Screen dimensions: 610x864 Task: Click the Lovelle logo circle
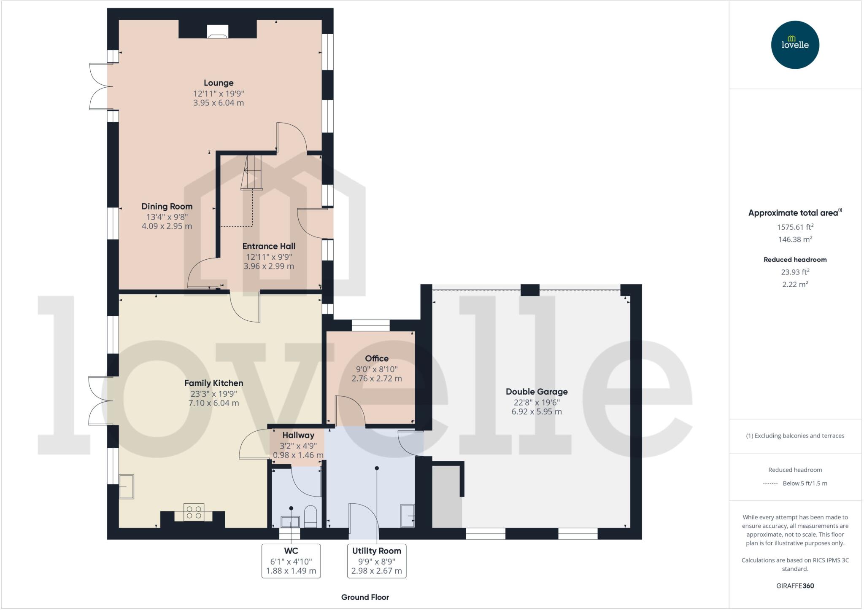point(795,45)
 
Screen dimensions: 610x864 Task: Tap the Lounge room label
point(218,83)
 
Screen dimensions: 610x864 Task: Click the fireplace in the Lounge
point(218,32)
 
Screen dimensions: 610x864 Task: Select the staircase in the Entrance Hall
point(252,173)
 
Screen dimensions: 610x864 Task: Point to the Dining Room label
point(167,207)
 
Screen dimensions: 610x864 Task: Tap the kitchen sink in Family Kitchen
point(127,487)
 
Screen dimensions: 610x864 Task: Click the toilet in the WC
point(310,516)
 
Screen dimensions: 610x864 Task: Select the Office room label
point(376,358)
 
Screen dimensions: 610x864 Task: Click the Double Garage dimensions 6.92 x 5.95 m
point(536,411)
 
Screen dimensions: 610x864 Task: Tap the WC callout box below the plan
point(291,561)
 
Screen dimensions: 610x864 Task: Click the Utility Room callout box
point(376,561)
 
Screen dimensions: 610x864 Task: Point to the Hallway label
point(298,435)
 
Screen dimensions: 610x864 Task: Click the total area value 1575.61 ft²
point(795,227)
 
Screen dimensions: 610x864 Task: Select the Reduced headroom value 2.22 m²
point(795,284)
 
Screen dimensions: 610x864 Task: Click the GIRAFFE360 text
point(795,586)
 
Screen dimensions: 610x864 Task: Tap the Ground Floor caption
point(365,597)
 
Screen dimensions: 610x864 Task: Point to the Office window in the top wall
point(371,325)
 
